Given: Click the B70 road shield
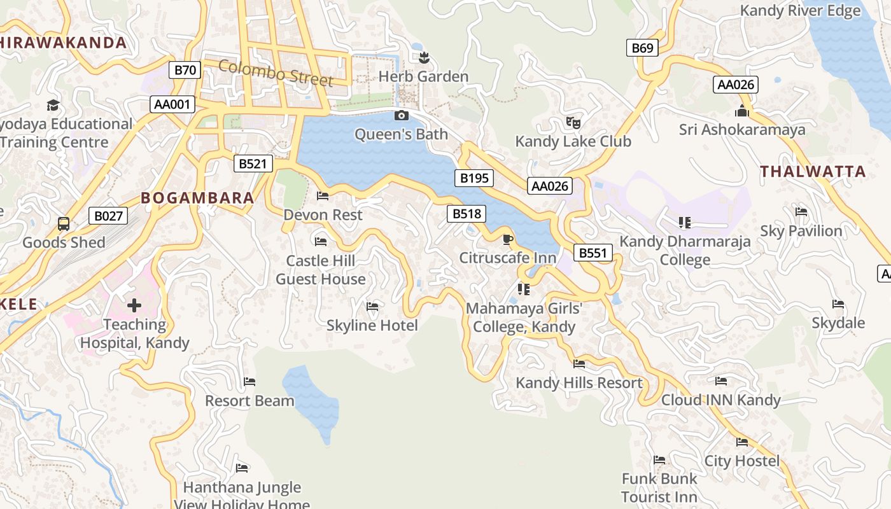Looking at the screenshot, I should click(x=185, y=70).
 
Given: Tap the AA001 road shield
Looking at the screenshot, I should click(x=172, y=104).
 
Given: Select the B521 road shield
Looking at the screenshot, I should click(x=253, y=164).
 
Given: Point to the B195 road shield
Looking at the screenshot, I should click(x=474, y=178).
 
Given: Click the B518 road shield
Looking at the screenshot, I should click(x=467, y=214).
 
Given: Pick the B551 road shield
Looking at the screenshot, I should click(x=593, y=253).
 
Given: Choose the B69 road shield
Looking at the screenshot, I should click(x=642, y=48).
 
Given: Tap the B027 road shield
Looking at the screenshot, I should click(x=108, y=216).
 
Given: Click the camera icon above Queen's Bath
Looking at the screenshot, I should click(x=401, y=115).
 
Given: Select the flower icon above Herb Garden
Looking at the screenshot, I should click(x=424, y=58).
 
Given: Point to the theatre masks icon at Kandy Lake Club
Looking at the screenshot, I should click(x=573, y=122).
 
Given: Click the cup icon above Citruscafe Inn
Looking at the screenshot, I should click(x=507, y=239).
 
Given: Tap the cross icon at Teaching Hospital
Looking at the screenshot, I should click(x=134, y=305).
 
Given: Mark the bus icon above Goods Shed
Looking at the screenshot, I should click(x=64, y=223).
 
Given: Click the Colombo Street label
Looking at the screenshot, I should click(x=276, y=73).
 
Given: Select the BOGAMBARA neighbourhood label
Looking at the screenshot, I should click(x=197, y=198).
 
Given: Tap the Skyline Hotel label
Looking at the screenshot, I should click(x=372, y=326).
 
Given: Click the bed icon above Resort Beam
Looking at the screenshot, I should click(x=249, y=382).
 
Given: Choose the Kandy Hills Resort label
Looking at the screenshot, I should click(x=579, y=383).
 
